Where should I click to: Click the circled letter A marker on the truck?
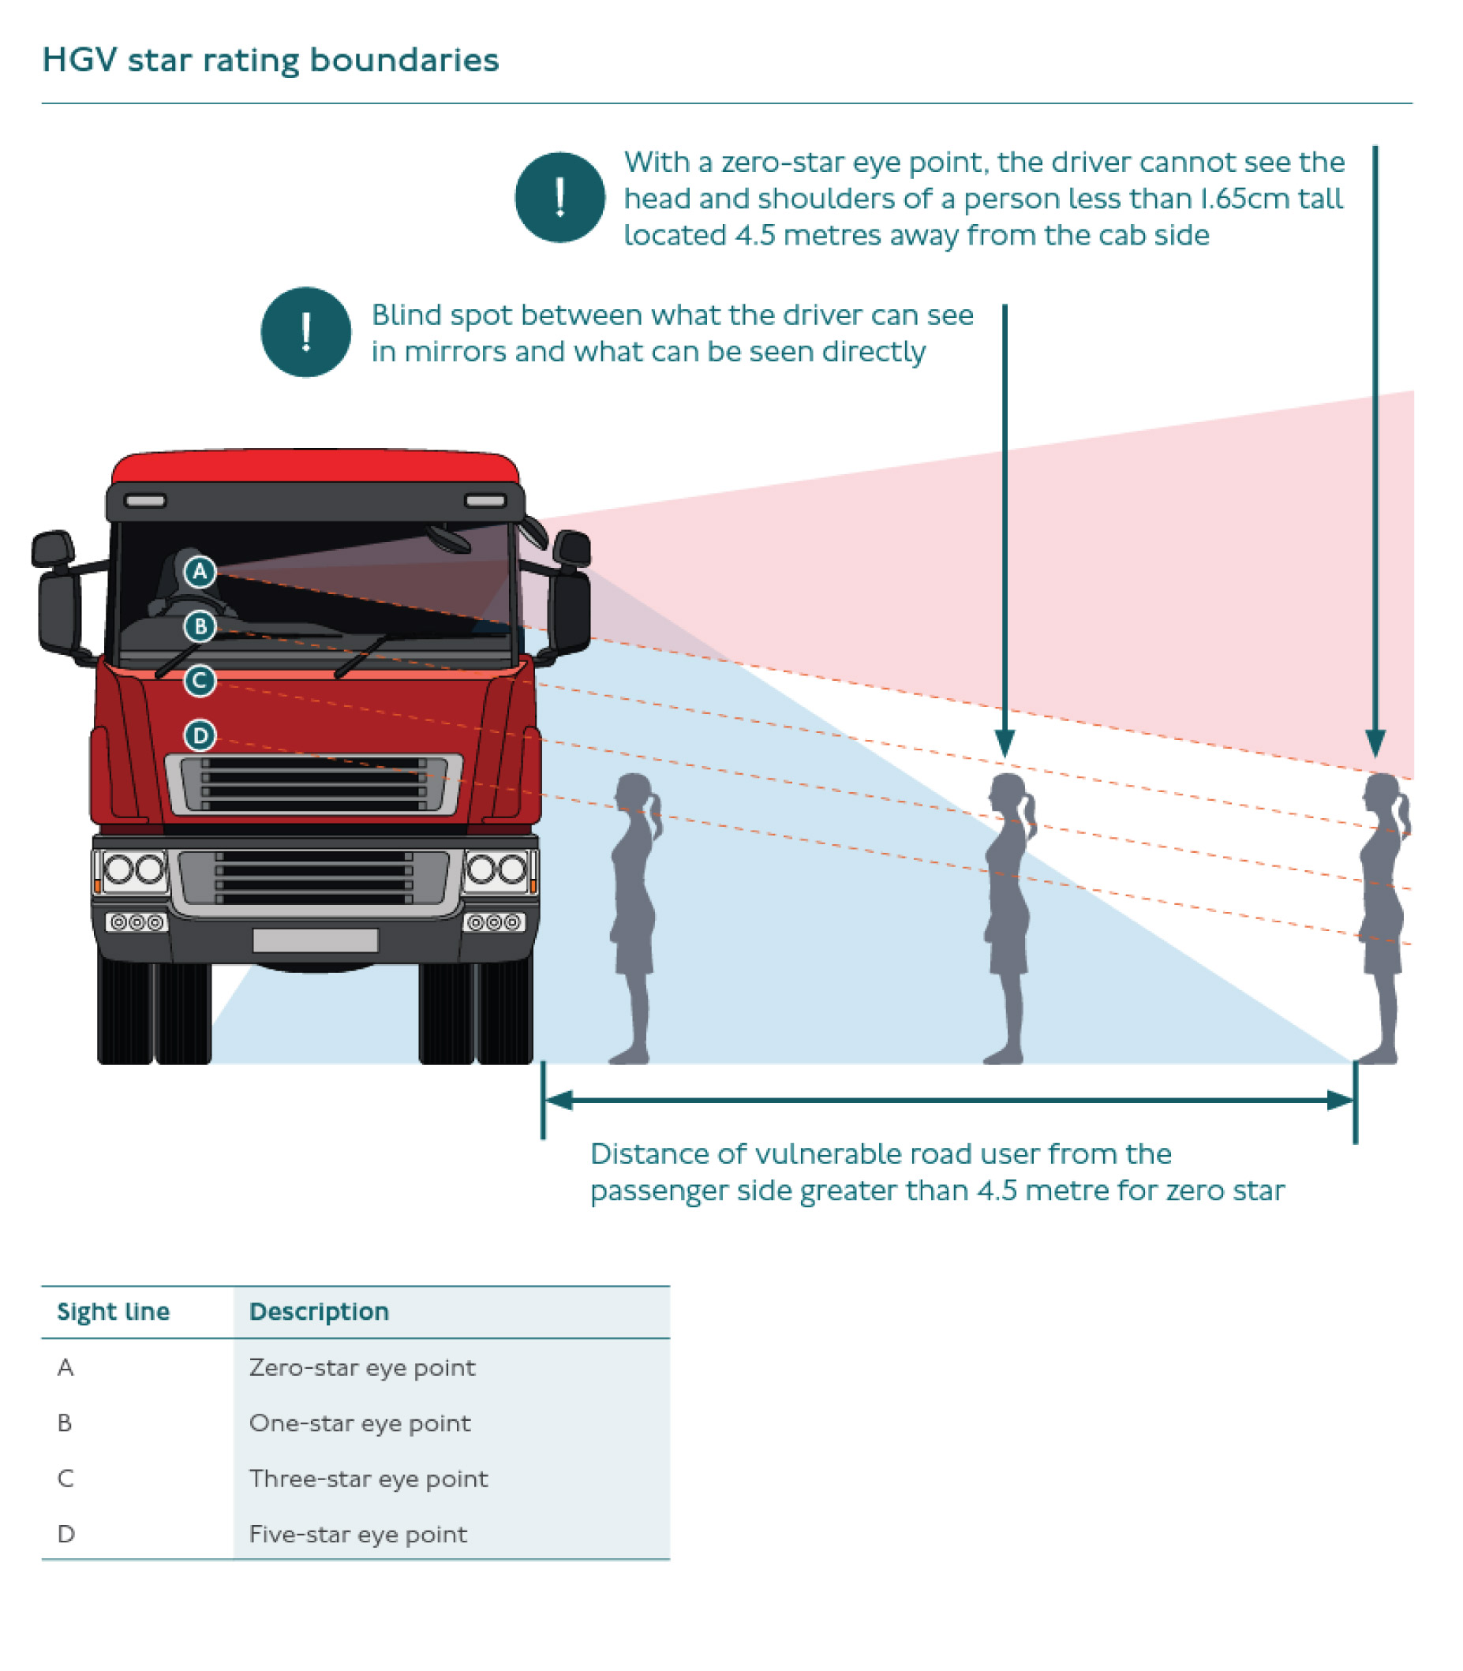click(x=200, y=572)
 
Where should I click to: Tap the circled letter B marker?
click(x=200, y=627)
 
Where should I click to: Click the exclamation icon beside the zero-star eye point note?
click(x=560, y=197)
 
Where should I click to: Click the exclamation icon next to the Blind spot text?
click(x=306, y=332)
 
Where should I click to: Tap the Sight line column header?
click(x=114, y=1312)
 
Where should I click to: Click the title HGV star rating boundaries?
click(x=270, y=61)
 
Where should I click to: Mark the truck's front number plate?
click(x=315, y=940)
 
